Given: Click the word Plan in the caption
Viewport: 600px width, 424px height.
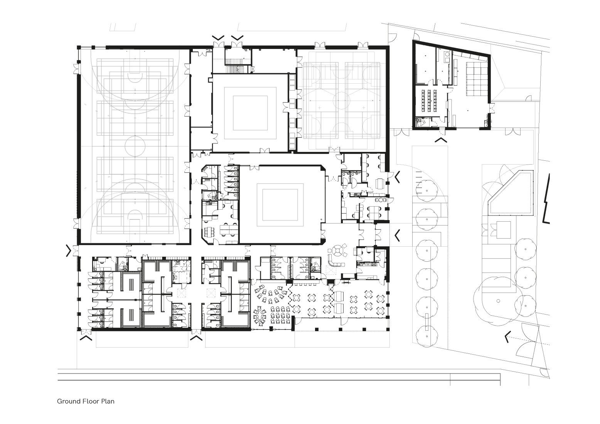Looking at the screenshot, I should point(108,401).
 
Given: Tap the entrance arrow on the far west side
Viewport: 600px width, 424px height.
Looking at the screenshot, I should point(69,250).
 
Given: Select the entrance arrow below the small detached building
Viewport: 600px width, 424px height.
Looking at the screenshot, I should point(441,140).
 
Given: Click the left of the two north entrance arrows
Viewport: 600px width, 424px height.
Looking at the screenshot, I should point(218,38).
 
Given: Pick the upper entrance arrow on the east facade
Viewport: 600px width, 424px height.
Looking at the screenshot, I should point(397,177).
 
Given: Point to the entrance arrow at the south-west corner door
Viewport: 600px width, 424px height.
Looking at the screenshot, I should point(86,338).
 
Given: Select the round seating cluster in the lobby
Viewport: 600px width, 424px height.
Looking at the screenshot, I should point(339,250).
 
